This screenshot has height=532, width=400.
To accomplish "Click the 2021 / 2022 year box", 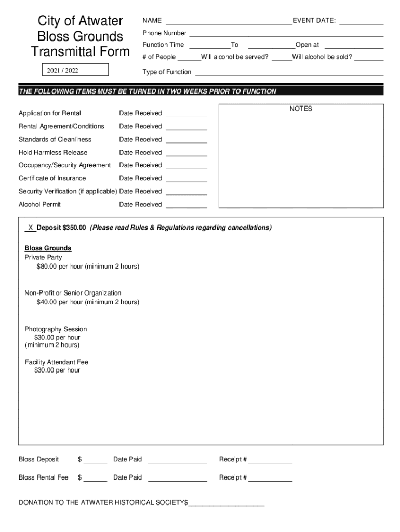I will pyautogui.click(x=75, y=70).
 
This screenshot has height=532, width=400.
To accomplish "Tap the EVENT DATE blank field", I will pyautogui.click(x=362, y=21).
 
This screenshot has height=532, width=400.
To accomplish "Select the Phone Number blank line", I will pyautogui.click(x=286, y=33).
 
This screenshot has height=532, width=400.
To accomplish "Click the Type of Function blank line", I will pyautogui.click(x=289, y=72).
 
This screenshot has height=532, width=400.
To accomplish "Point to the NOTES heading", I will pyautogui.click(x=301, y=109).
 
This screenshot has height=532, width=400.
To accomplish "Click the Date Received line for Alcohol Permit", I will pyautogui.click(x=186, y=205).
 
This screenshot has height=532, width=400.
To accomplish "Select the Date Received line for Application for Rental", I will pyautogui.click(x=186, y=114).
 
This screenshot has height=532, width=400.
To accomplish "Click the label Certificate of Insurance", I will pyautogui.click(x=52, y=178).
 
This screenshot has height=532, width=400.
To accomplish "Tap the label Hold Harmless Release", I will pyautogui.click(x=53, y=152).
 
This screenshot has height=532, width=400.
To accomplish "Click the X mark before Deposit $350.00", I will pyautogui.click(x=31, y=228).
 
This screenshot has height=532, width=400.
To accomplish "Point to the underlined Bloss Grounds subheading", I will pyautogui.click(x=48, y=248).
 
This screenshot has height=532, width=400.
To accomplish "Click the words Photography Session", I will pyautogui.click(x=56, y=329).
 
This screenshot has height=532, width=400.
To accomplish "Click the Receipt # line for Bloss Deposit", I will pyautogui.click(x=270, y=460).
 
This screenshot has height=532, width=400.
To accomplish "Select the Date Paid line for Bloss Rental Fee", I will pyautogui.click(x=177, y=478).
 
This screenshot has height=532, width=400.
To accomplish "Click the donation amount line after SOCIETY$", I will pyautogui.click(x=226, y=503).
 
